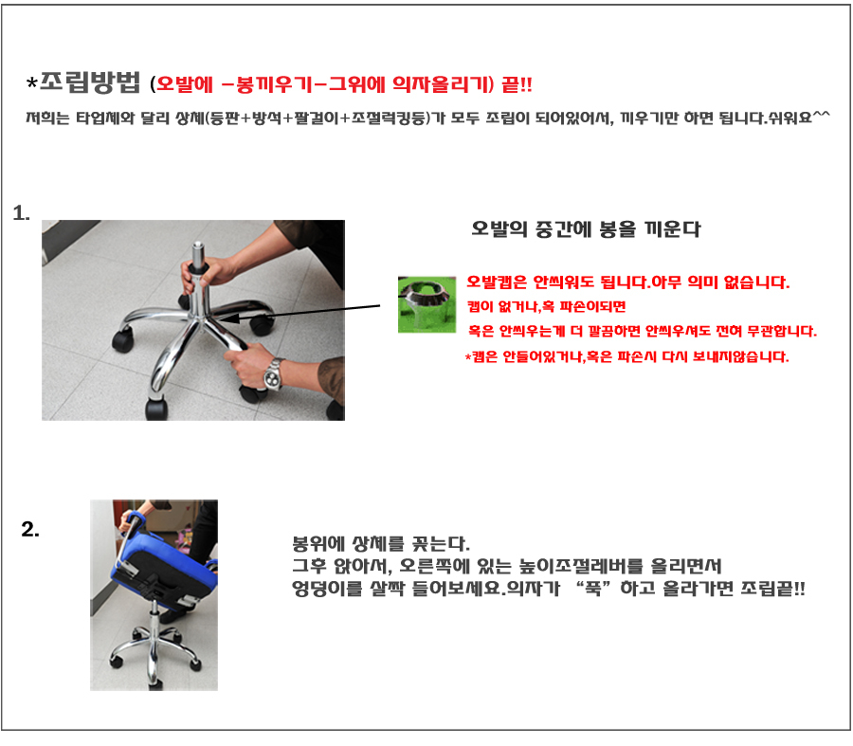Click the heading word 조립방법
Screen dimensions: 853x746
90,82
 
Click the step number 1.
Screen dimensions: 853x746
21,213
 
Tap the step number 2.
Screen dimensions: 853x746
30,529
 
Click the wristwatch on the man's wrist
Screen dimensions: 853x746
273,373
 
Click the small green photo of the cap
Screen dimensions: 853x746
427,304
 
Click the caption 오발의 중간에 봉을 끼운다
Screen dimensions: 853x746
586,229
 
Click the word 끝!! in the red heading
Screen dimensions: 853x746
517,84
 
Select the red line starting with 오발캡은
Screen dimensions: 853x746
628,282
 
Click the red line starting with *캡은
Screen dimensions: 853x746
626,357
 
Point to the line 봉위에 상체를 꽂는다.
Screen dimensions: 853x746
381,543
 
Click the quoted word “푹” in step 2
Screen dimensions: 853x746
593,589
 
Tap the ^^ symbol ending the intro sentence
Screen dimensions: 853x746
822,116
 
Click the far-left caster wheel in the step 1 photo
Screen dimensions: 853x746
122,339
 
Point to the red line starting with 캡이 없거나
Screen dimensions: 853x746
546,306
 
